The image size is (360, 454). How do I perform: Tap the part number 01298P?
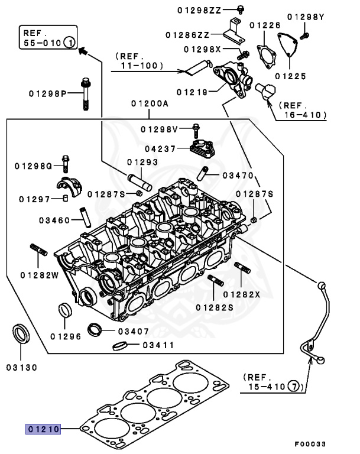point(48,93)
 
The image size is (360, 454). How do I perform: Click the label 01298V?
point(159,129)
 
